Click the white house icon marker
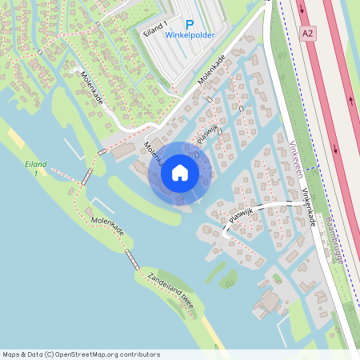[180, 173]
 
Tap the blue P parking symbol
[190, 26]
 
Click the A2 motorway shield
[308, 33]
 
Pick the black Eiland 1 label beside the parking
[155, 30]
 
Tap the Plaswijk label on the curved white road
[242, 214]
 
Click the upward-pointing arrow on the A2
[351, 101]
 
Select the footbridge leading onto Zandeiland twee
[132, 259]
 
